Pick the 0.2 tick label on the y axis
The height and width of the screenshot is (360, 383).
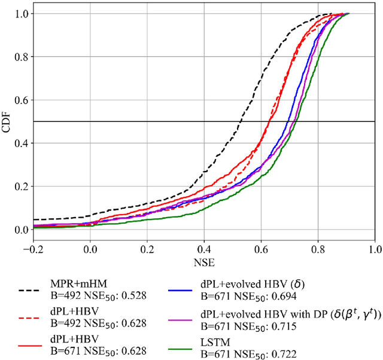click(17, 187)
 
